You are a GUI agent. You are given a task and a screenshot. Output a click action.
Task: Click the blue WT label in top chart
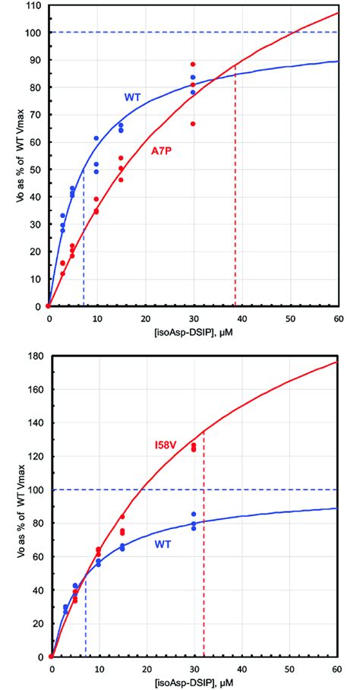(x=133, y=97)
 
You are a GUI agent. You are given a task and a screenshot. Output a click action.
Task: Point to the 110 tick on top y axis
(x=31, y=5)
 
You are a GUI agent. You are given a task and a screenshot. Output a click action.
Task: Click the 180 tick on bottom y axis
(x=31, y=355)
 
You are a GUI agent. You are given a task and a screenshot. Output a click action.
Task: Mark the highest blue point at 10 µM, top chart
(x=96, y=138)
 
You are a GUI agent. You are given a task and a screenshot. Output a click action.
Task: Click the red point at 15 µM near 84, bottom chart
(x=122, y=517)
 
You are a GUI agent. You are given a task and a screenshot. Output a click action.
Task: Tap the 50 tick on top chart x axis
(x=289, y=315)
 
